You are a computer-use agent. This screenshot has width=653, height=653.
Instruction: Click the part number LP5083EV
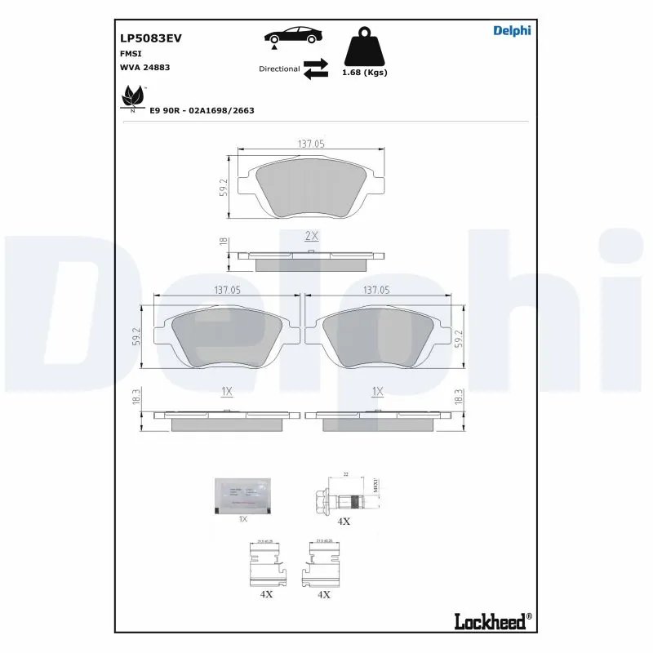[x=150, y=38]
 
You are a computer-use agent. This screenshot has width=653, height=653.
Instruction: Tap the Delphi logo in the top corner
[x=512, y=31]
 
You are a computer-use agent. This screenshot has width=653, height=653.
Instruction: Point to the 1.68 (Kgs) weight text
[x=364, y=73]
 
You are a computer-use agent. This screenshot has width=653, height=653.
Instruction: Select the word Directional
[x=279, y=69]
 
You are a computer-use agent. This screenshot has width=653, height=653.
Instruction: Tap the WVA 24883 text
[x=144, y=68]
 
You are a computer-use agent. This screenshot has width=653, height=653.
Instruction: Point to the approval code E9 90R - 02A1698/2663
[x=202, y=109]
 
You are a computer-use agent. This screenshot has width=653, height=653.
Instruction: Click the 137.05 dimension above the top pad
[x=310, y=144]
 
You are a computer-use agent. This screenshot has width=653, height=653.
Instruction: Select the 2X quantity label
[x=310, y=236]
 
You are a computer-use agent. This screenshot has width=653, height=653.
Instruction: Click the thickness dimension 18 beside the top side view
[x=222, y=242]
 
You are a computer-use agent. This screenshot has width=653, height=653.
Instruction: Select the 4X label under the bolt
[x=344, y=521]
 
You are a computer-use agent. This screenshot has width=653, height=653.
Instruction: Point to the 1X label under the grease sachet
[x=242, y=519]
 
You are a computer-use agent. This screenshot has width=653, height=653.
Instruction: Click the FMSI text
[x=131, y=53]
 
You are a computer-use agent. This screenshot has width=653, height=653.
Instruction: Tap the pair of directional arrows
[x=315, y=69]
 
